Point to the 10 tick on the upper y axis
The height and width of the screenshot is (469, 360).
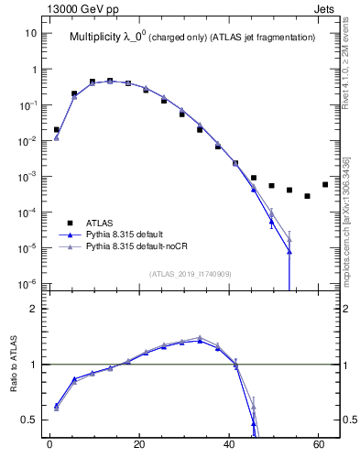31,34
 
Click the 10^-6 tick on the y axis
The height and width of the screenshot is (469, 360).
27,283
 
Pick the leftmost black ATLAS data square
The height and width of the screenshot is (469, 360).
56,130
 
